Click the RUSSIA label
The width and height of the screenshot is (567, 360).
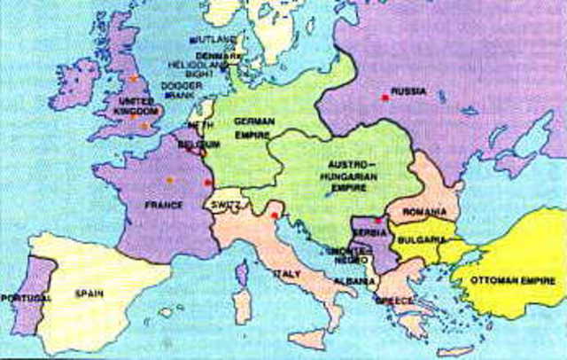click(x=410, y=91)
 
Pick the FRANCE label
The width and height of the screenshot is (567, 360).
click(x=166, y=205)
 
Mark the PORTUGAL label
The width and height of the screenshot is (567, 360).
click(x=26, y=297)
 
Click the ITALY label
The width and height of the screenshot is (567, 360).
click(x=286, y=275)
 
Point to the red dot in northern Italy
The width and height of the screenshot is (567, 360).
click(x=276, y=215)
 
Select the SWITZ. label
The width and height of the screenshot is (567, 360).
click(x=220, y=205)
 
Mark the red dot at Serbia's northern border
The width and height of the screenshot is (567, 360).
click(x=377, y=220)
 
